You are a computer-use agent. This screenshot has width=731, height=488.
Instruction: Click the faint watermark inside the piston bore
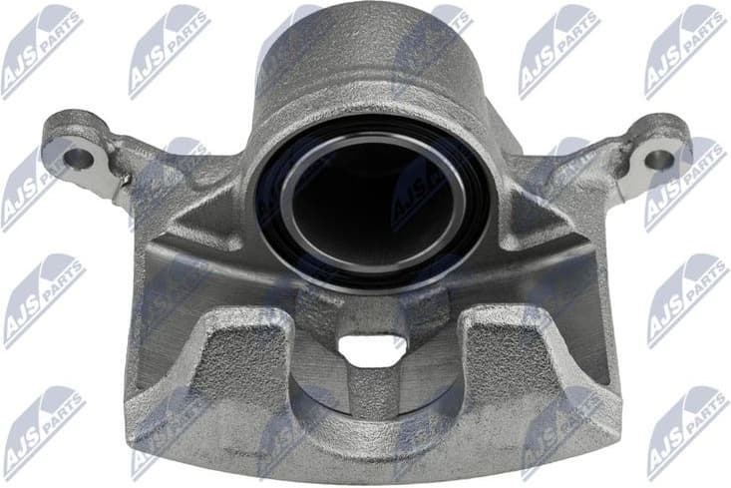point(419,190)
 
